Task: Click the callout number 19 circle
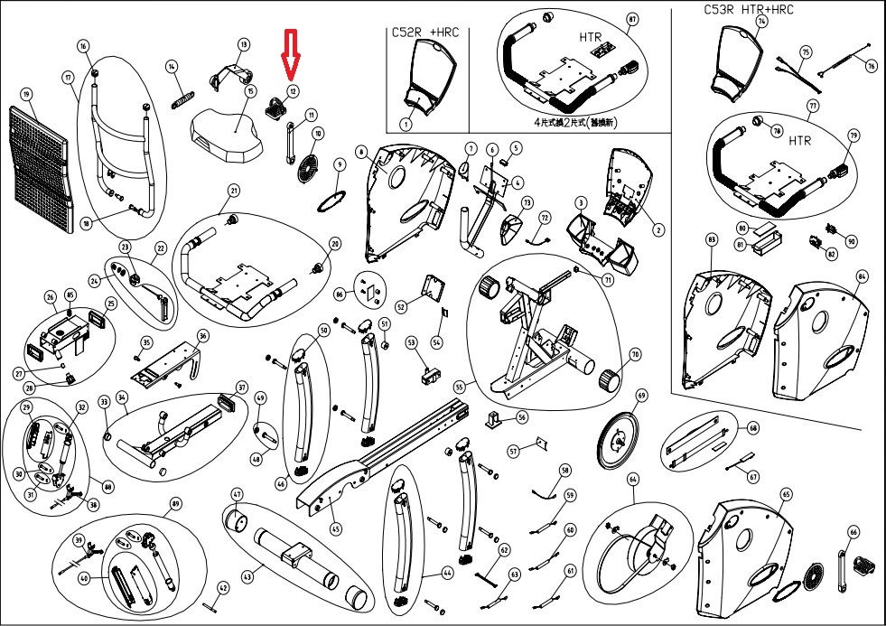(26, 94)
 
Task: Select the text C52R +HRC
(425, 32)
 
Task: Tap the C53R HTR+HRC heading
(750, 10)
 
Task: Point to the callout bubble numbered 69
(642, 396)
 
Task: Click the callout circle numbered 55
(459, 387)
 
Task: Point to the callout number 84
(861, 275)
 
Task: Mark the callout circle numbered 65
(786, 494)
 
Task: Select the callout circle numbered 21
(233, 191)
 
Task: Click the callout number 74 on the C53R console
(761, 21)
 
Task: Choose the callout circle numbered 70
(634, 356)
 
